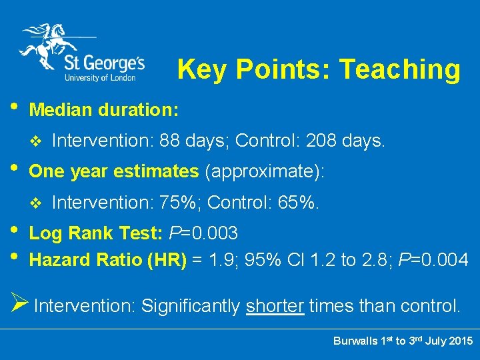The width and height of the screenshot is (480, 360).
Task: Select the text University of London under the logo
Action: [x=100, y=77]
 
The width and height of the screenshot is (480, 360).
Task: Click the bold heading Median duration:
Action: [x=104, y=109]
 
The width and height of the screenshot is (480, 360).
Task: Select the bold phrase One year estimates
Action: [x=114, y=171]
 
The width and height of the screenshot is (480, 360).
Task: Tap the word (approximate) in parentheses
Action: [x=265, y=171]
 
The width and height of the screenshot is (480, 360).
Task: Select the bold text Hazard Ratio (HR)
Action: [x=108, y=259]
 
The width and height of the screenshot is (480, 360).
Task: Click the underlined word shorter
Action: [x=275, y=306]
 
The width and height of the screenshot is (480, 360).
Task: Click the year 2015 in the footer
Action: [x=460, y=341]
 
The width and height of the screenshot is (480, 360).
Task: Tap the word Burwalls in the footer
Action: [x=355, y=341]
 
